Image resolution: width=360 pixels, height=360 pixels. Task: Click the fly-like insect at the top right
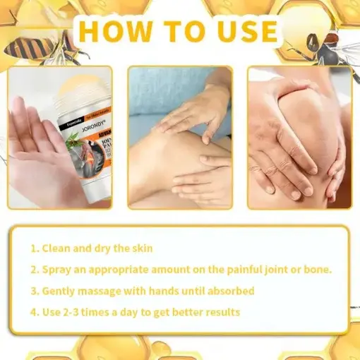tap(332, 46)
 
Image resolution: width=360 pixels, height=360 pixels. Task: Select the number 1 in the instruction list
tap(33, 248)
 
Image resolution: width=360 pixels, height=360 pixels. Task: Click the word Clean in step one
tap(57, 248)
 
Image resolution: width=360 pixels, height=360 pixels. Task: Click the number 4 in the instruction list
tap(33, 312)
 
